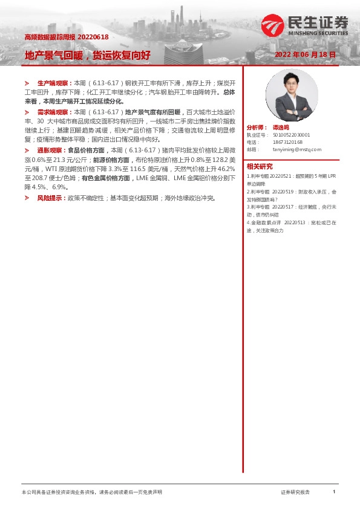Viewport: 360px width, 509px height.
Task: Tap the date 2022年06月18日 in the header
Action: (x=305, y=55)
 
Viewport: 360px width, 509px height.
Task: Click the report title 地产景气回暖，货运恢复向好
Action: (x=87, y=55)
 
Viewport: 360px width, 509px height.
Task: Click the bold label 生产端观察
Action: (x=54, y=82)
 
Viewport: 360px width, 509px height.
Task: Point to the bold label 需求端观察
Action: (x=54, y=112)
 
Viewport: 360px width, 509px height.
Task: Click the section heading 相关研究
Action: (x=260, y=166)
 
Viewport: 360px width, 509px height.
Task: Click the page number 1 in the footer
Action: (x=334, y=493)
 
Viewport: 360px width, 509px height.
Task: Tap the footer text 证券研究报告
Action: (x=295, y=493)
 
